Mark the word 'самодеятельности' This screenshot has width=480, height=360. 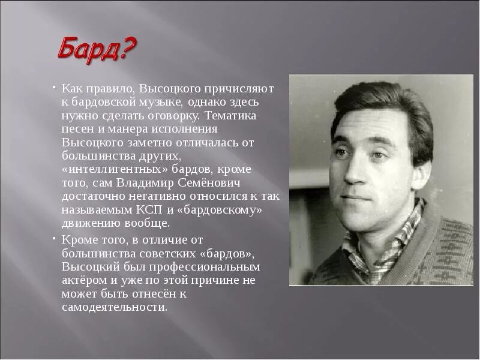pos(114,307)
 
